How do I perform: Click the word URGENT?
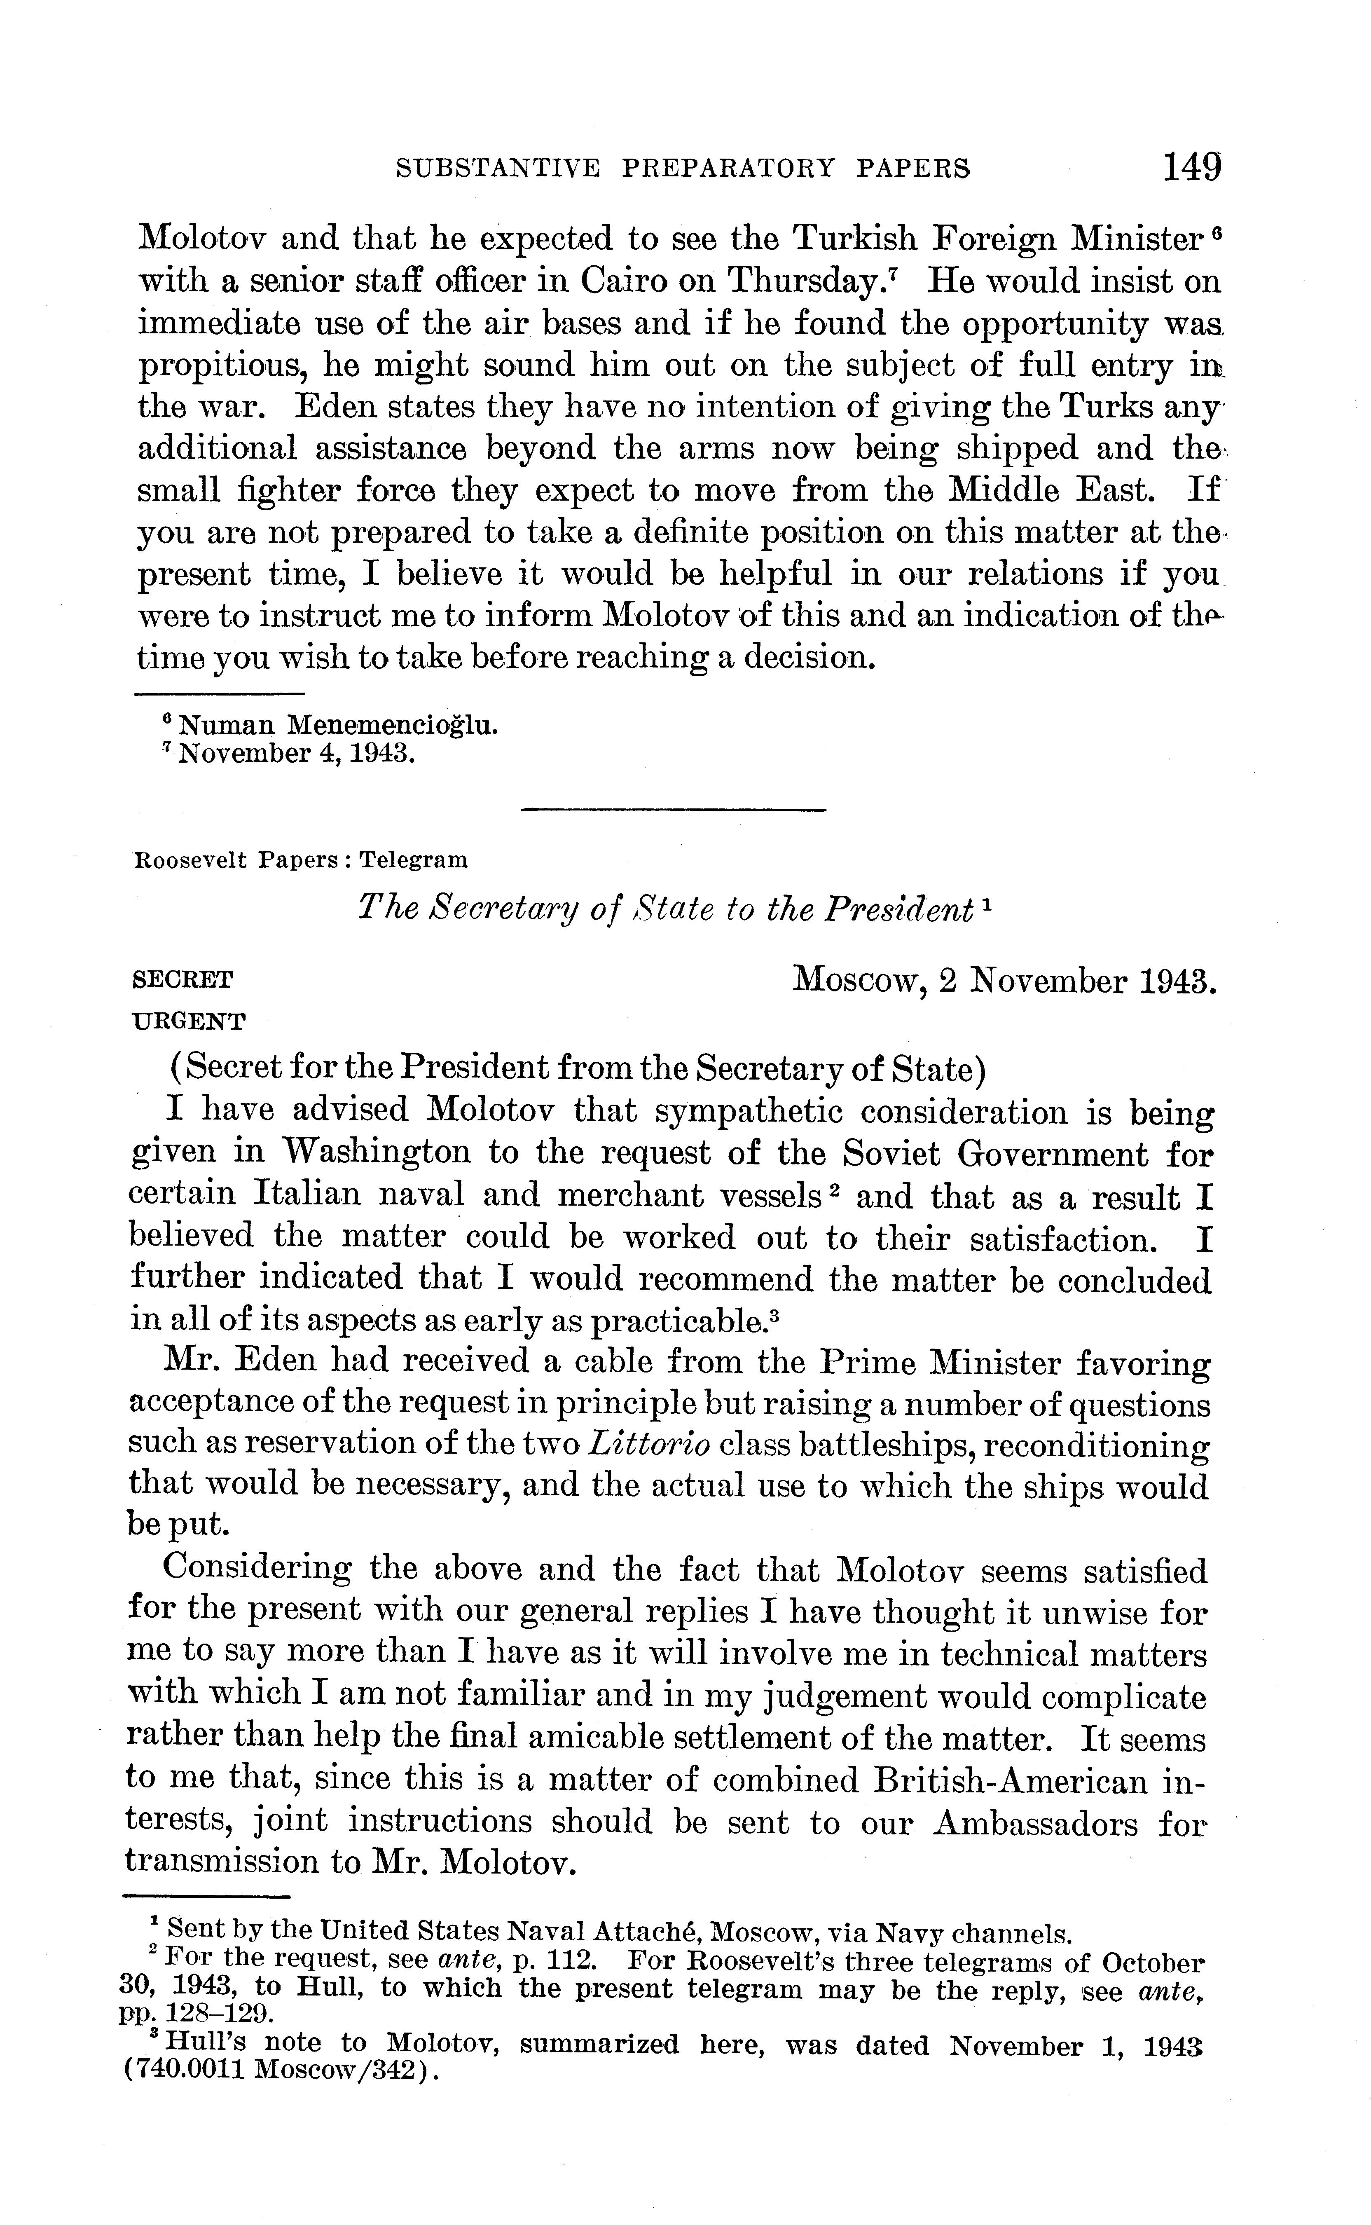(189, 1022)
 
